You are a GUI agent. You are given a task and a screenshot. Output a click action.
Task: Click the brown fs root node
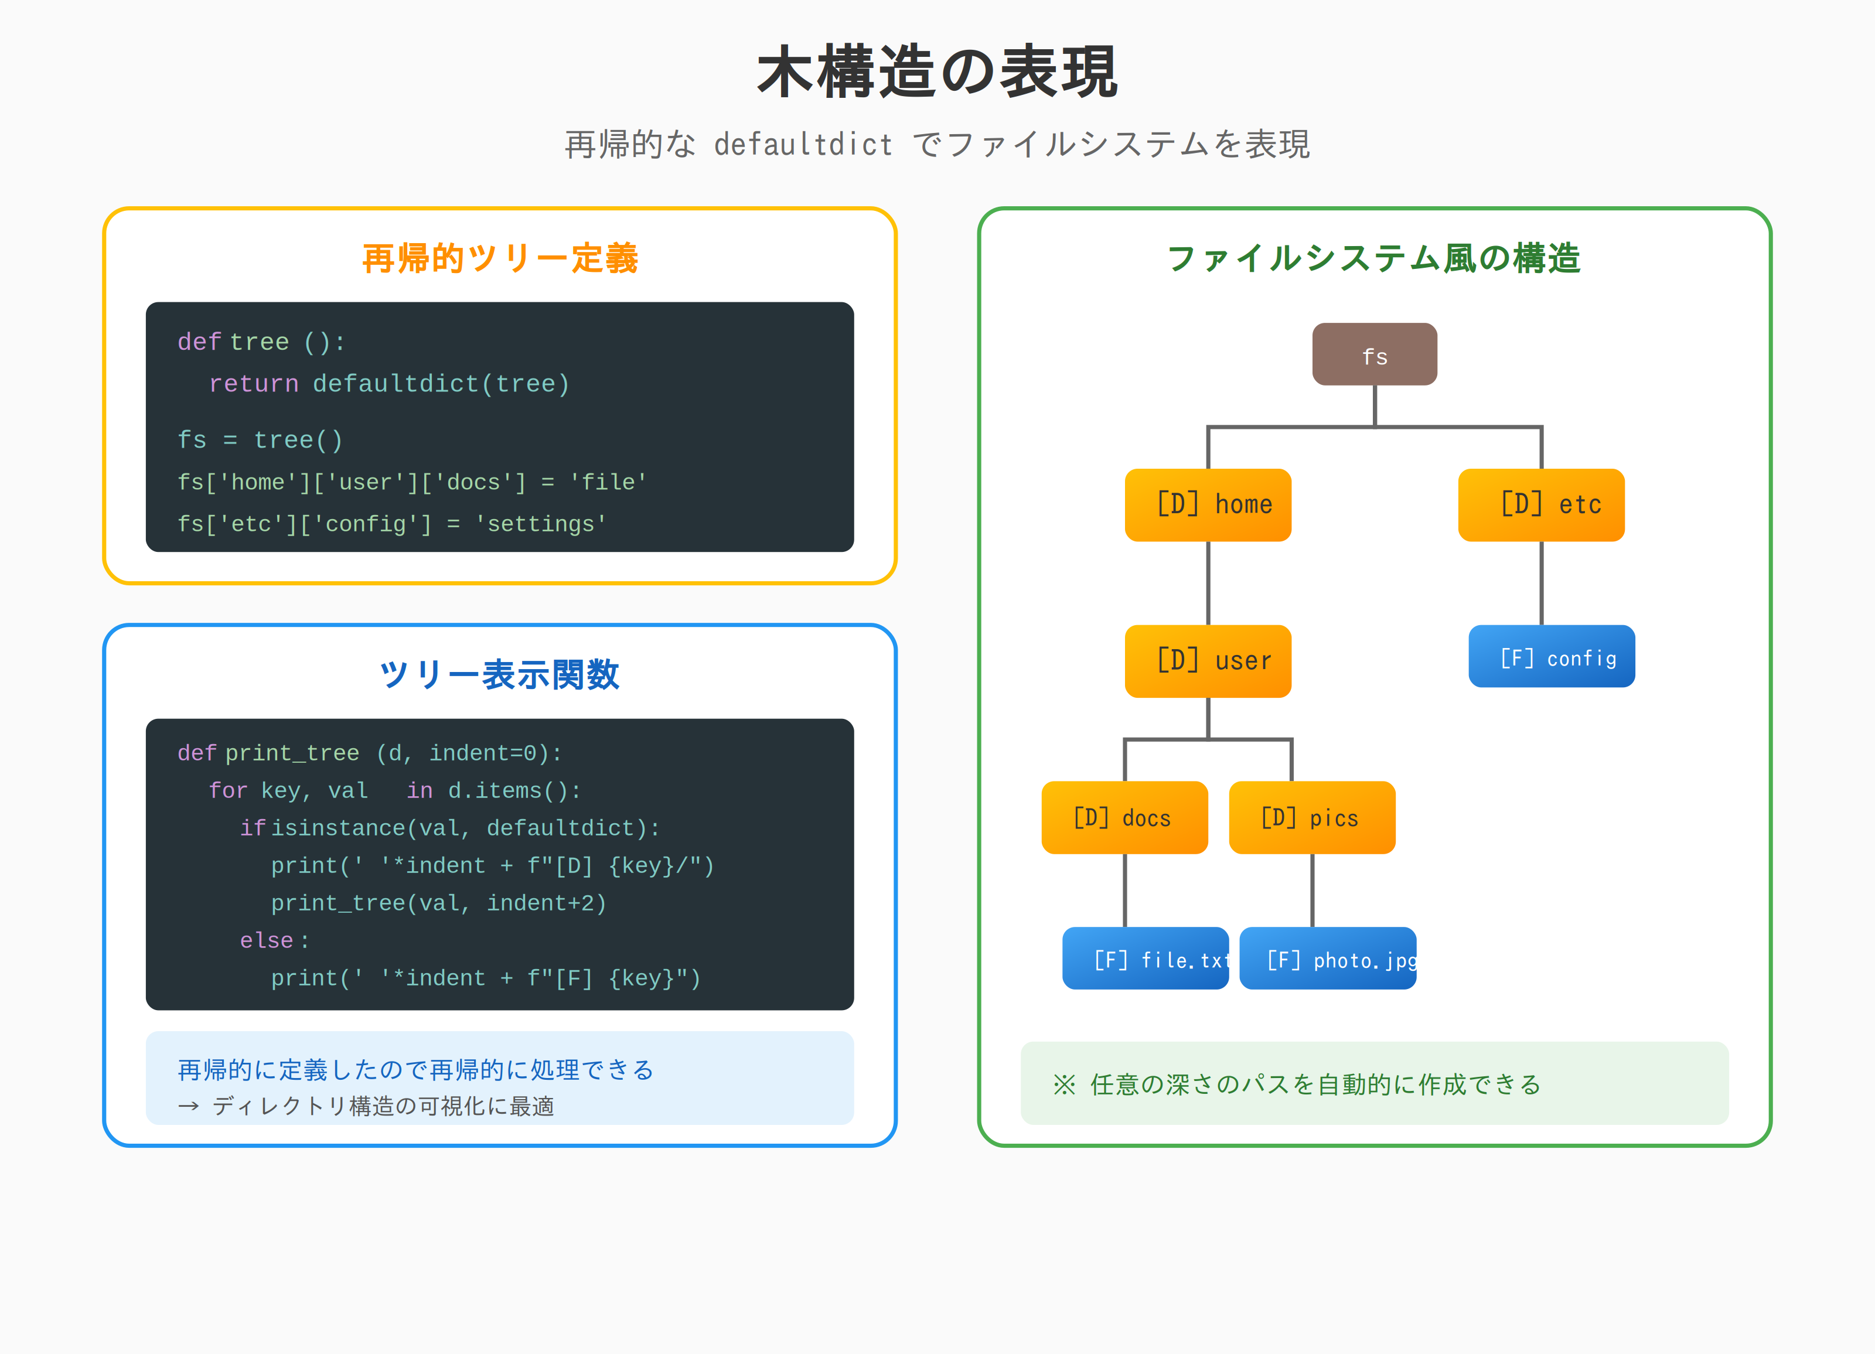click(x=1374, y=354)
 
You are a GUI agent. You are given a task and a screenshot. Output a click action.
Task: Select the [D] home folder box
click(x=1208, y=505)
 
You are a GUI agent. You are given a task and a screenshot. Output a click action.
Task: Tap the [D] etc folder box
click(x=1541, y=505)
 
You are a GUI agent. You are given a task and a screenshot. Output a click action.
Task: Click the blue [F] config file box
click(x=1551, y=657)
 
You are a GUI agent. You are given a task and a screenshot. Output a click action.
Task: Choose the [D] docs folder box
click(x=1124, y=817)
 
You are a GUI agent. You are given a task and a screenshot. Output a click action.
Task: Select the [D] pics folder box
click(x=1312, y=817)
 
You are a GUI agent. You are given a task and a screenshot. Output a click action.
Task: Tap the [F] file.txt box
click(x=1145, y=959)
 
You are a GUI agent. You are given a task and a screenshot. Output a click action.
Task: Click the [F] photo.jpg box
click(x=1327, y=959)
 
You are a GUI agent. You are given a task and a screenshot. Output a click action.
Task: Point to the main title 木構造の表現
click(x=937, y=73)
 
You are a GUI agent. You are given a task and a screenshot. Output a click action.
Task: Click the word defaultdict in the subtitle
click(x=803, y=145)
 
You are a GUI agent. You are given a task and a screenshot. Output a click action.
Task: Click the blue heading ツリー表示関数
click(x=499, y=674)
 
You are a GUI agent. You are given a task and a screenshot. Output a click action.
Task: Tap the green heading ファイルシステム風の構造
click(x=1373, y=258)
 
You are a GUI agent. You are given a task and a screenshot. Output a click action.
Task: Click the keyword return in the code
click(x=254, y=384)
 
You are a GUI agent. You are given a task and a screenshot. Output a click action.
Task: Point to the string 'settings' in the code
click(x=541, y=524)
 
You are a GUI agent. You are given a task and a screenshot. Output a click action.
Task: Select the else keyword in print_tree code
click(x=266, y=941)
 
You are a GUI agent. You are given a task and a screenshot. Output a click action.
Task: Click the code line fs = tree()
click(x=260, y=440)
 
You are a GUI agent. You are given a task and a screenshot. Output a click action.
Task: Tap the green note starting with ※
click(x=1296, y=1084)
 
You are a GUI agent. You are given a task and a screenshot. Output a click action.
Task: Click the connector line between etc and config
click(x=1541, y=584)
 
